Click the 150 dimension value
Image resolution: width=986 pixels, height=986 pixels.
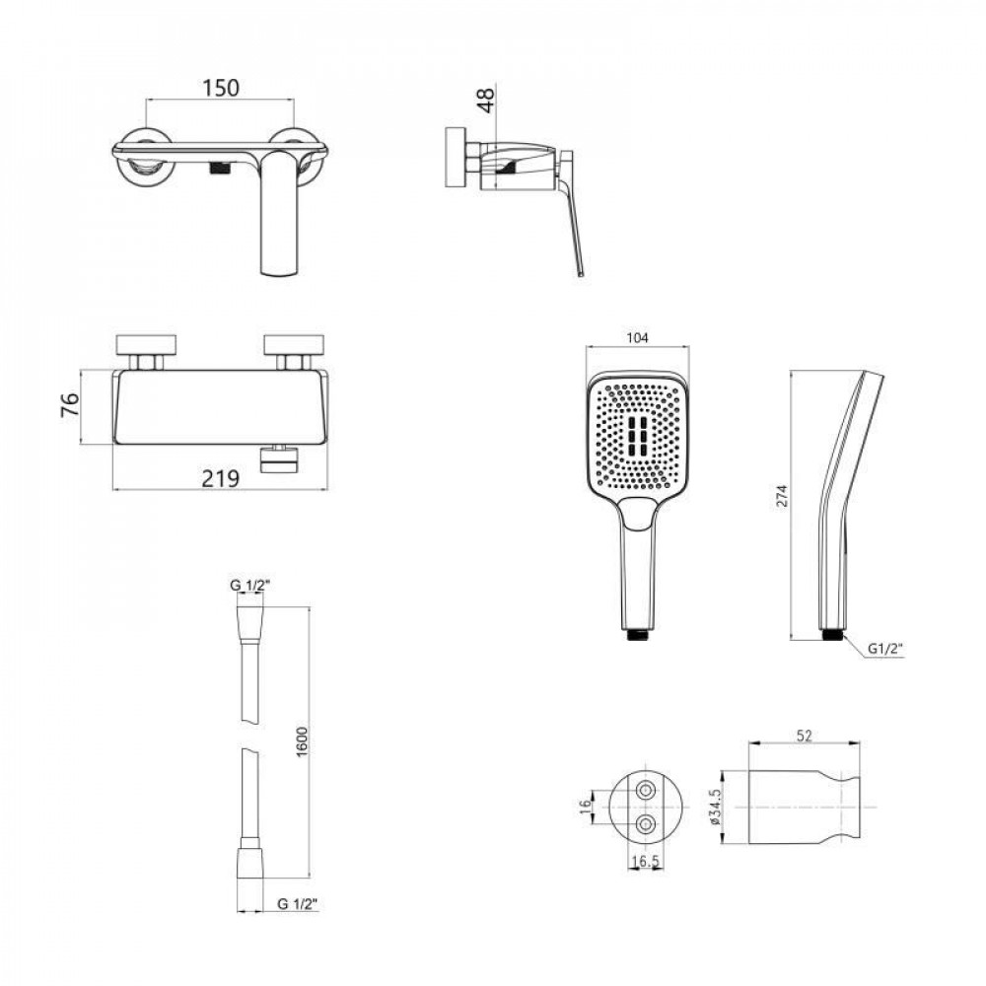[221, 88]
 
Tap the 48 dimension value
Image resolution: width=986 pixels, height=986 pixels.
[486, 101]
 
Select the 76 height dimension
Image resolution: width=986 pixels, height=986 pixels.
[70, 404]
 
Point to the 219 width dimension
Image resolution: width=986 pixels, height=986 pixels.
[221, 478]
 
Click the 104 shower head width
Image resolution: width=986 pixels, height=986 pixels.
[637, 337]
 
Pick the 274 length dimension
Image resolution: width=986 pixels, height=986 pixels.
[781, 496]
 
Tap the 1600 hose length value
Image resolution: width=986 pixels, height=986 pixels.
[302, 742]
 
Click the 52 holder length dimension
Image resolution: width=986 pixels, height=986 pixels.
[805, 736]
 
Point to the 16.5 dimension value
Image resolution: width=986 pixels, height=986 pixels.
[645, 861]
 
